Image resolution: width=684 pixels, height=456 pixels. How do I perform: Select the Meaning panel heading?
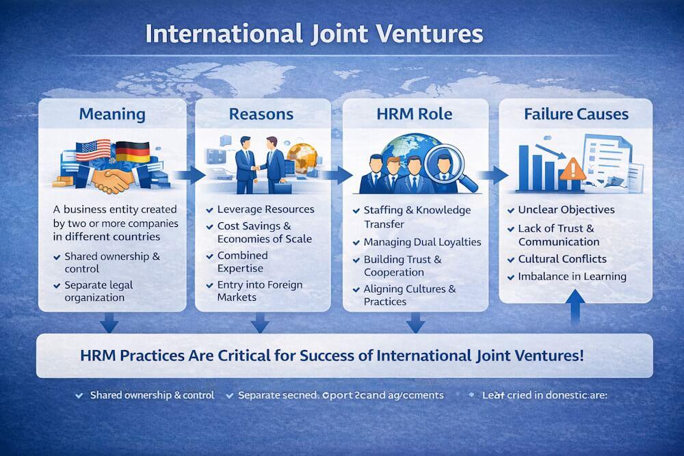click(112, 113)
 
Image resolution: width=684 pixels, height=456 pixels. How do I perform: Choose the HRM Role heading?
click(415, 113)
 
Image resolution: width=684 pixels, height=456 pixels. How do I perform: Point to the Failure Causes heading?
click(575, 113)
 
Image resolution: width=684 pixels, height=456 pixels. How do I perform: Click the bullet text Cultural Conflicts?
click(562, 260)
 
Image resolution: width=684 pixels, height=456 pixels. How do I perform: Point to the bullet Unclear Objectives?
click(566, 210)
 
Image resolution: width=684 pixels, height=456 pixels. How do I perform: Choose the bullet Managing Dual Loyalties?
click(422, 242)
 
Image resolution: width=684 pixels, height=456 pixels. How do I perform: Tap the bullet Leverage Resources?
click(265, 209)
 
